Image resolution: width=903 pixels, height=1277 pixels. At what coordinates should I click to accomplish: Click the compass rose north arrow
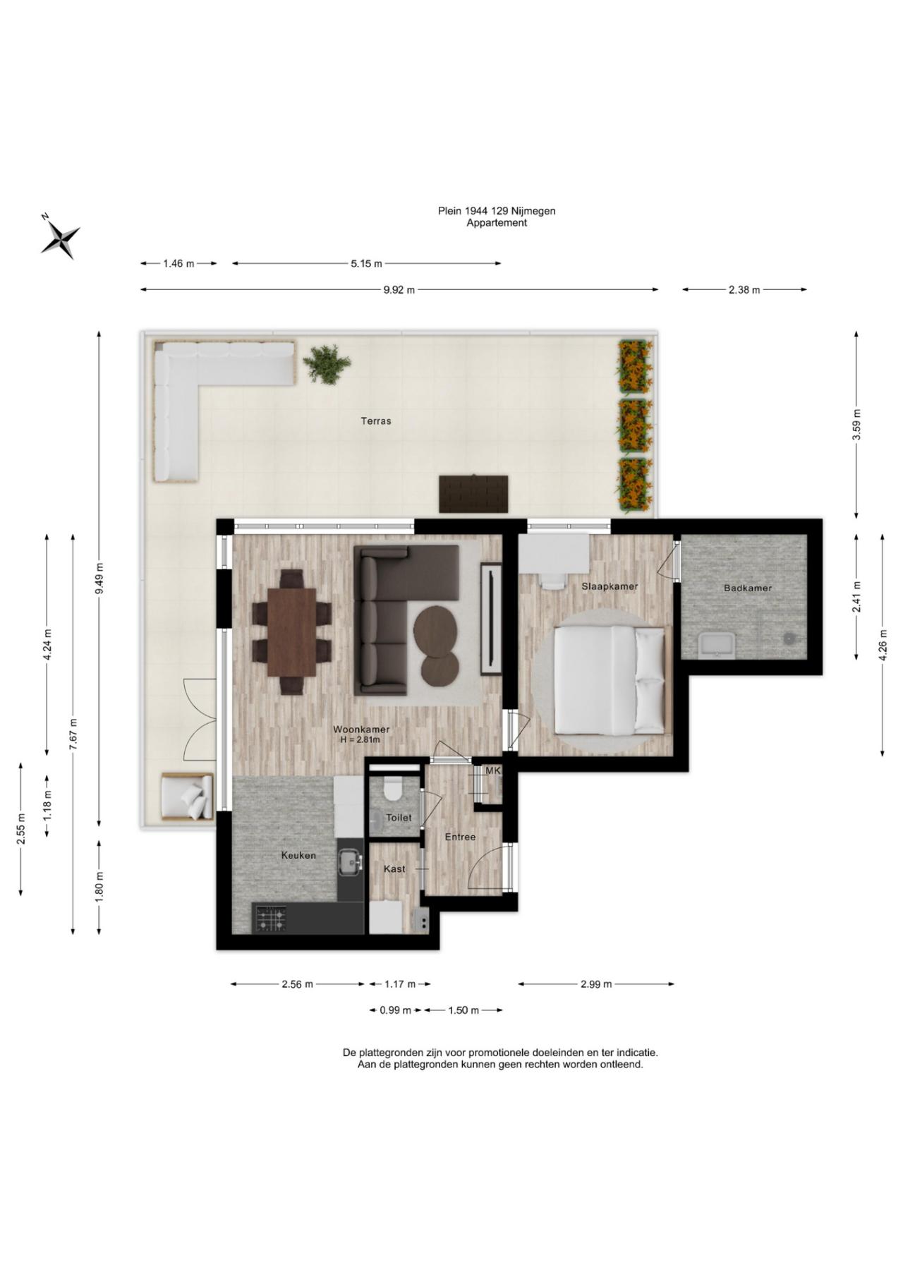coord(60,236)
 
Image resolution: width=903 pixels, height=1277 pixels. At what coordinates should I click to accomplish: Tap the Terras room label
coord(376,421)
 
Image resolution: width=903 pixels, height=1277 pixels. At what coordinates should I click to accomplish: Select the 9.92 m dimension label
coord(399,289)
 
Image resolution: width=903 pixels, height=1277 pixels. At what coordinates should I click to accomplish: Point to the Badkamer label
coord(748,588)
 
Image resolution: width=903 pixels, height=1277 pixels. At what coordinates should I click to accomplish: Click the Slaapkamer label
coord(610,586)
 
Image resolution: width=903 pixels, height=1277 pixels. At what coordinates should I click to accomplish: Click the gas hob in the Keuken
coord(271,918)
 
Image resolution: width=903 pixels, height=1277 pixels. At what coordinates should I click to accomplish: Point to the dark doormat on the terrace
coord(473,494)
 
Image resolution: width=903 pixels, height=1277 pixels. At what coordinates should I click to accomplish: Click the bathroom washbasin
coord(716,643)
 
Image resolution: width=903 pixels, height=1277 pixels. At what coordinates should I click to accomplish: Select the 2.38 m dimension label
coord(744,289)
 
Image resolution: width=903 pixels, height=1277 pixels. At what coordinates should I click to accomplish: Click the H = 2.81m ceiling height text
coord(360,740)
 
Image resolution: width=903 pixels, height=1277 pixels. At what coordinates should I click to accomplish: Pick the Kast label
coord(394,869)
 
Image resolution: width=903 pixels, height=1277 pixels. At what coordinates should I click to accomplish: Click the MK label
coord(492,771)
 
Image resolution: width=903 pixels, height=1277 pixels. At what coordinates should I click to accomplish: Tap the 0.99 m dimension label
coord(395,1010)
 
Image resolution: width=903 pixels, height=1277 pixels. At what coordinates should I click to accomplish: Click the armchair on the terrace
coord(187,797)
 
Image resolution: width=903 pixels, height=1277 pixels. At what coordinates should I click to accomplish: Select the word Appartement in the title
coord(497,223)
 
